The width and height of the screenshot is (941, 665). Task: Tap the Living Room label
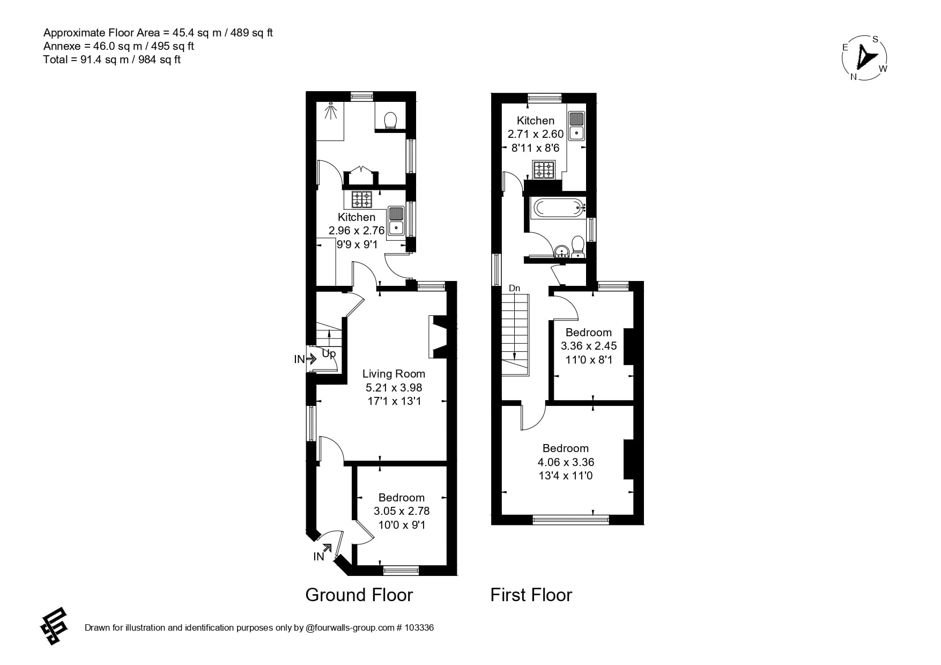(394, 374)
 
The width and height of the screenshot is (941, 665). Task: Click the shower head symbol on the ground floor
(331, 111)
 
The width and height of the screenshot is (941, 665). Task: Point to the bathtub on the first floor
(557, 207)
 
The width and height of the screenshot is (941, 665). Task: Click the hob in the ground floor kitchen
(361, 200)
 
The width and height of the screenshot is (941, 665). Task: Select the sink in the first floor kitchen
(576, 125)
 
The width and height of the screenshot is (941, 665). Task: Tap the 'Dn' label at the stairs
(514, 289)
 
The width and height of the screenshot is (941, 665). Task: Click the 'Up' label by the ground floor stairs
(329, 354)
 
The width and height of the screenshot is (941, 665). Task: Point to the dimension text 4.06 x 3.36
(566, 462)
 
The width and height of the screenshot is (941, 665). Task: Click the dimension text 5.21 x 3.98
(394, 387)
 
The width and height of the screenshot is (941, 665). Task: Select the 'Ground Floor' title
(359, 595)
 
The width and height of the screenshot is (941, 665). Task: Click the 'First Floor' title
(531, 595)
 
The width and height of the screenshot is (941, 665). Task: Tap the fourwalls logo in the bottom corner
(54, 626)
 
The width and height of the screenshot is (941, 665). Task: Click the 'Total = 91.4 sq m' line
(112, 60)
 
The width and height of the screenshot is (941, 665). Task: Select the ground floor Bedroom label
(401, 498)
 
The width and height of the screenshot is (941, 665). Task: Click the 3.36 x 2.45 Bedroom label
(588, 346)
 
